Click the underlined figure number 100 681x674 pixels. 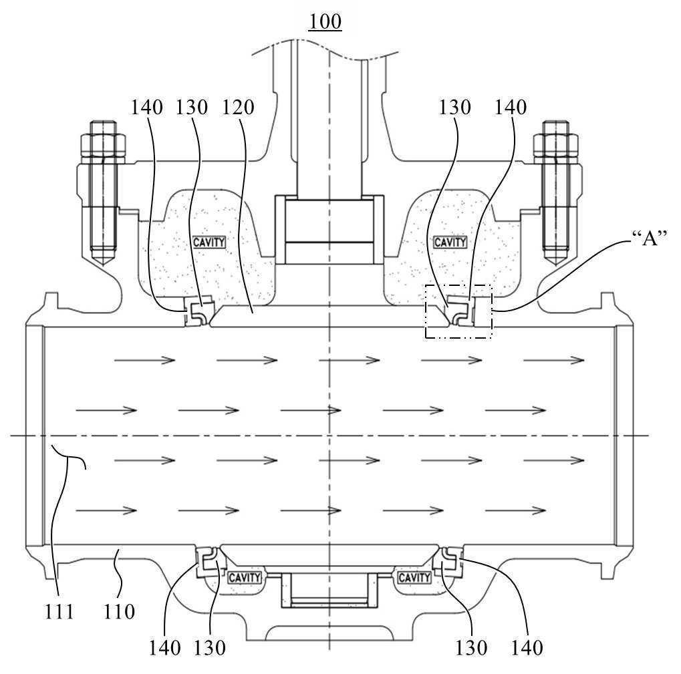pos(325,21)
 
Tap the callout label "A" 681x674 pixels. pos(649,238)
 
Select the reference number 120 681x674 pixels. pos(237,107)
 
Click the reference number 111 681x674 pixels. pos(59,612)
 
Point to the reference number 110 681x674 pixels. pos(119,612)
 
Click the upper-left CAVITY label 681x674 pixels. pos(209,242)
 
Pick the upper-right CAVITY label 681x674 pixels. pos(450,242)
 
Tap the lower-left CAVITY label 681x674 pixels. pos(245,578)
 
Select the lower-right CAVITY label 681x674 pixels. pos(414,578)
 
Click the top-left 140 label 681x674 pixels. pos(147,107)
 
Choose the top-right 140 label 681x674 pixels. pos(511,107)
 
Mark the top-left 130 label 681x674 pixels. pos(192,107)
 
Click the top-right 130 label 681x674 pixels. pos(454,107)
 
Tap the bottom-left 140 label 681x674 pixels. pos(164,648)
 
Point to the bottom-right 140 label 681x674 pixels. pos(527,648)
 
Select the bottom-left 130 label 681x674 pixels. pos(209,648)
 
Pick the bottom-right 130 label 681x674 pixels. pos(470,648)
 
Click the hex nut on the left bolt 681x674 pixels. pos(103,148)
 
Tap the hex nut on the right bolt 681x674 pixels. pos(556,148)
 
